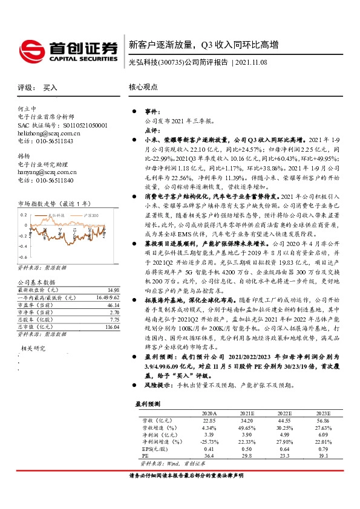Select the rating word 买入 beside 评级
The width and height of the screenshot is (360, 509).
[51, 87]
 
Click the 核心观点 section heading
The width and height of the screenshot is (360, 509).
[143, 87]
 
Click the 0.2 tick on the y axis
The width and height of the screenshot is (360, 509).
[25, 214]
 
